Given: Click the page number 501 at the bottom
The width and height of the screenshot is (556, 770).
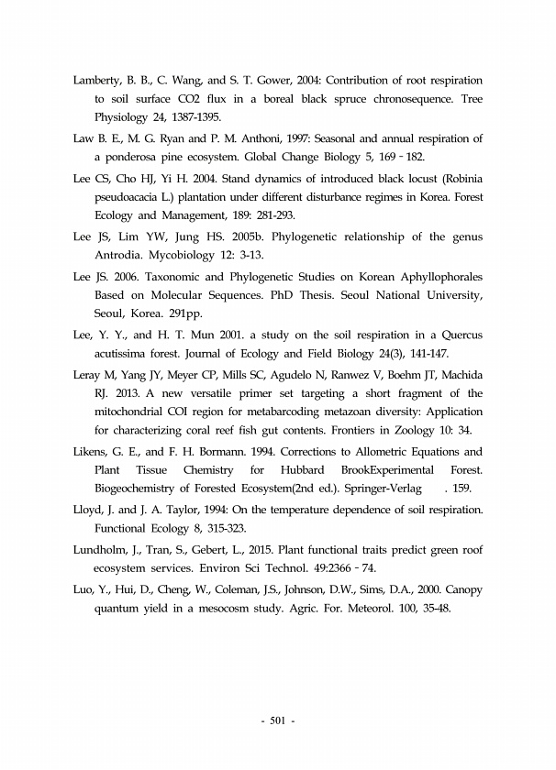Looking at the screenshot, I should click(x=278, y=719).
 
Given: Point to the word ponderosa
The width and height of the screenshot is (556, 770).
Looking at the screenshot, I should click(x=135, y=158).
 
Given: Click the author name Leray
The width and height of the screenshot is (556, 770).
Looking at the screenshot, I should click(x=88, y=375).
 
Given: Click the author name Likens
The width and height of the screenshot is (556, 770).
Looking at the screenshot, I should click(x=93, y=453).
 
